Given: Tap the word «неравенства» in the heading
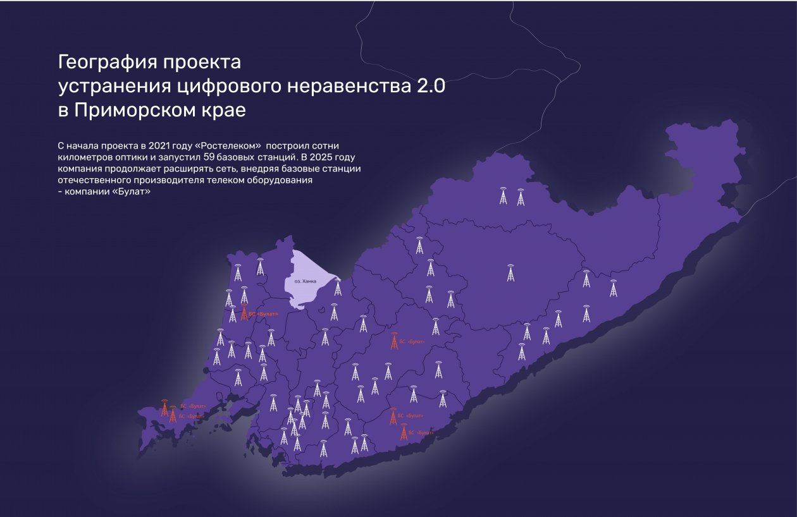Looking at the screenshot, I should point(347,87).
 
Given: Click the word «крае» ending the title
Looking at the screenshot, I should point(222,109).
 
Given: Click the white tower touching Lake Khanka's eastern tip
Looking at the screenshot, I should point(338,288).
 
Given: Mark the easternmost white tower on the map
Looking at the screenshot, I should point(613,289).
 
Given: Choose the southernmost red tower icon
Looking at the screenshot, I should point(404,432).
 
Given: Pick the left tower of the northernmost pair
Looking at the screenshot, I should point(503,197).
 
